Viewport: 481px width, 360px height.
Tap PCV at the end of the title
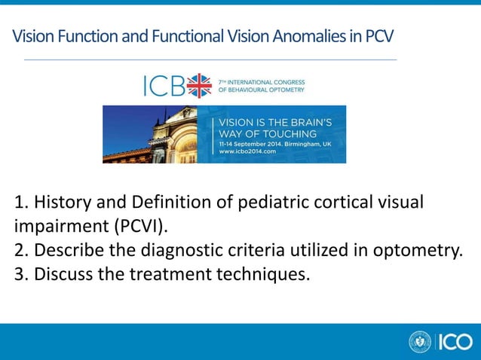378,37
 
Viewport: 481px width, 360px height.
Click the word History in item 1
63,203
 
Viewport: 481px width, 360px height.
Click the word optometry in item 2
418,250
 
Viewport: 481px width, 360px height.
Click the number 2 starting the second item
20,250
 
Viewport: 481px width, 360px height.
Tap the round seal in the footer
419,342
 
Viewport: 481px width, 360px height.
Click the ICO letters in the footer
454,342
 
